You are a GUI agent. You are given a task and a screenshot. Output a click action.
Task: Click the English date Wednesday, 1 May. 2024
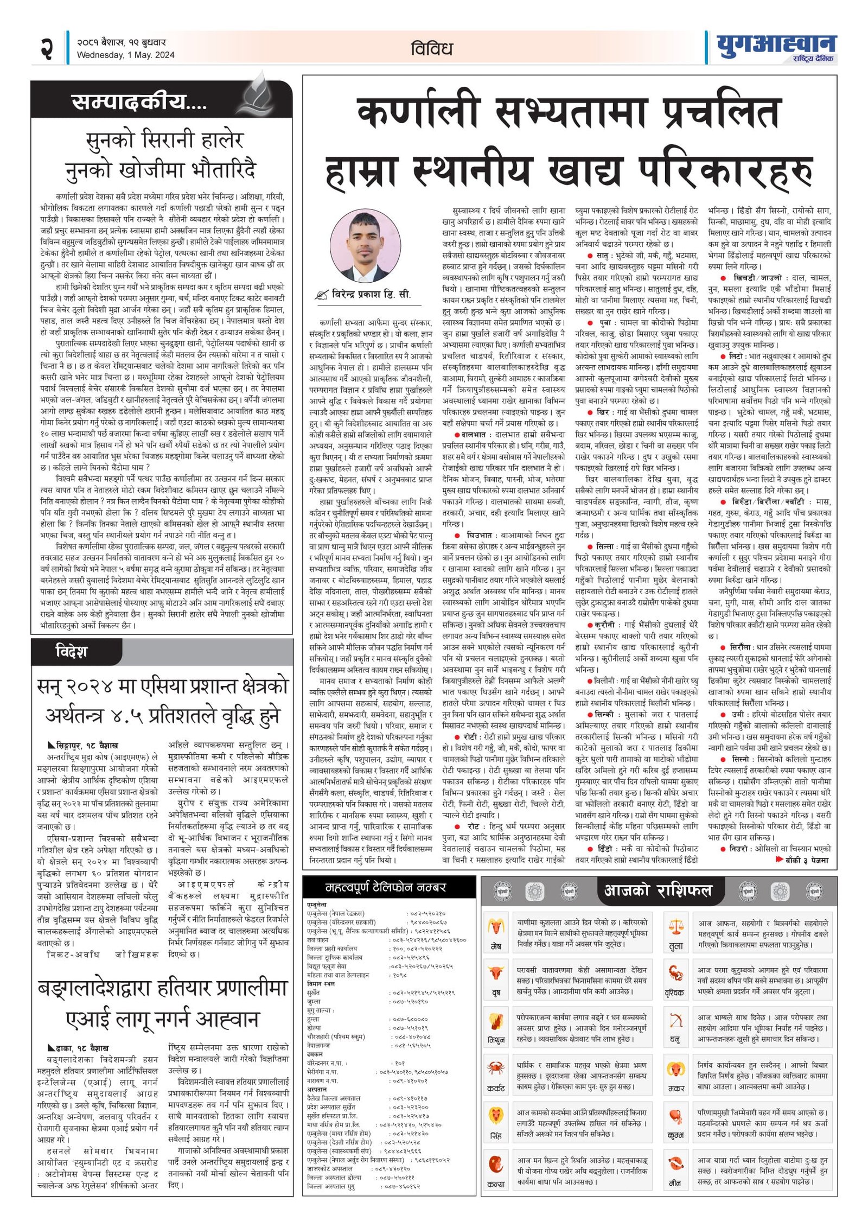pos(125,55)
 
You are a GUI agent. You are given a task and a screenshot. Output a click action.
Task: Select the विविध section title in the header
pos(432,49)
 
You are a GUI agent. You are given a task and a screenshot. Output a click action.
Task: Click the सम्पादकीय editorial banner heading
pos(139,101)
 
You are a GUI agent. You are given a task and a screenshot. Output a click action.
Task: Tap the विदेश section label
pos(71,652)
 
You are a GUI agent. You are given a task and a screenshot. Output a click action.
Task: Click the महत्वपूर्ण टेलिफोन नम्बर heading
pos(385,888)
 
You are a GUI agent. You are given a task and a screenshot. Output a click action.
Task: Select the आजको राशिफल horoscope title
pos(658,890)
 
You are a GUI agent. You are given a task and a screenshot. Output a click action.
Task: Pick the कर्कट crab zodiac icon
pos(495,1068)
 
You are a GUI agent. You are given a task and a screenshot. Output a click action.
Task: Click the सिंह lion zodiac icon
pos(495,1115)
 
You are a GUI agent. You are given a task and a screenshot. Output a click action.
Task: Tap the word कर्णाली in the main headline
pos(418,112)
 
